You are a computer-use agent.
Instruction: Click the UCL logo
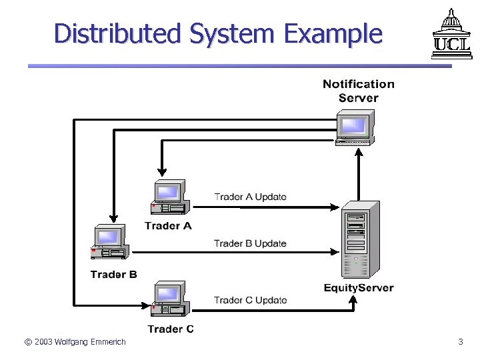(445, 33)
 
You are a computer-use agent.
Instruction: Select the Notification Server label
(359, 91)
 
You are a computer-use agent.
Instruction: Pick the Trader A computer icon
(171, 198)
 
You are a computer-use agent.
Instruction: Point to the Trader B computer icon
(109, 243)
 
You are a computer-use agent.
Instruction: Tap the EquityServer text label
(359, 288)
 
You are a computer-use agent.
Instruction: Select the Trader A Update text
(250, 197)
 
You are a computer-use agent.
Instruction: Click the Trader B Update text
(250, 243)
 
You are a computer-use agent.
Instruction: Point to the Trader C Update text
(250, 300)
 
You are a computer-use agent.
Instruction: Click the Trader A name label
(168, 225)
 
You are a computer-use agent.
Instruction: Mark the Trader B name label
(114, 274)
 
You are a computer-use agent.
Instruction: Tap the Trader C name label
(171, 329)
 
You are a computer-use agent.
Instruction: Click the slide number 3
(460, 342)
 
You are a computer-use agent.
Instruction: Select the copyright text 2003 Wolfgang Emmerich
(75, 342)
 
